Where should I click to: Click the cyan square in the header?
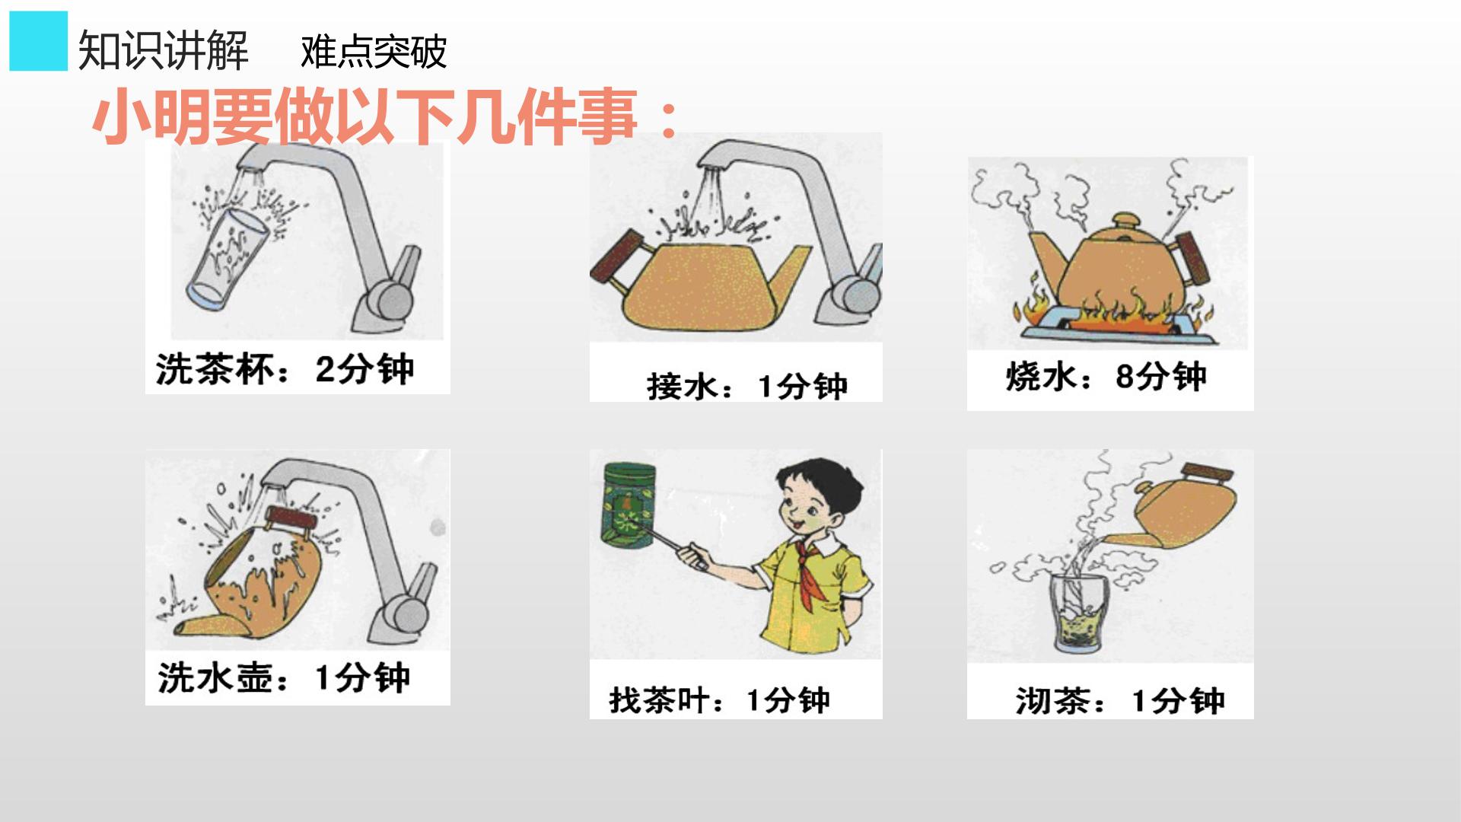point(38,41)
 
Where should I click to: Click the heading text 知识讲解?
point(164,51)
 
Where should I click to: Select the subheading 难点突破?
point(374,52)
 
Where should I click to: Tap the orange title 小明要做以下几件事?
point(385,117)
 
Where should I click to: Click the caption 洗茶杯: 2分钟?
point(285,370)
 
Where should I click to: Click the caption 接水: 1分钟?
point(747,387)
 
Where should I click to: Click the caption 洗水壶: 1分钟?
point(284,677)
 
